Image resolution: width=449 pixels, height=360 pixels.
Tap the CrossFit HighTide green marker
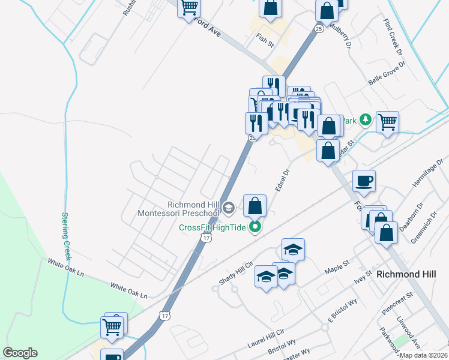[255, 227]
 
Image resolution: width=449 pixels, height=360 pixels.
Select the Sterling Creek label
[67, 236]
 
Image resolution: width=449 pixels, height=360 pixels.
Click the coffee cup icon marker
[364, 181]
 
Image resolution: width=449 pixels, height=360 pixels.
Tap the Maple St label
[337, 265]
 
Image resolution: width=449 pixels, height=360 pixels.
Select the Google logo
[20, 353]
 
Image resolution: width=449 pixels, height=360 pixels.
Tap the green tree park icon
[364, 121]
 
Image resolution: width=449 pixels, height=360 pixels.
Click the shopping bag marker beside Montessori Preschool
[255, 206]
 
